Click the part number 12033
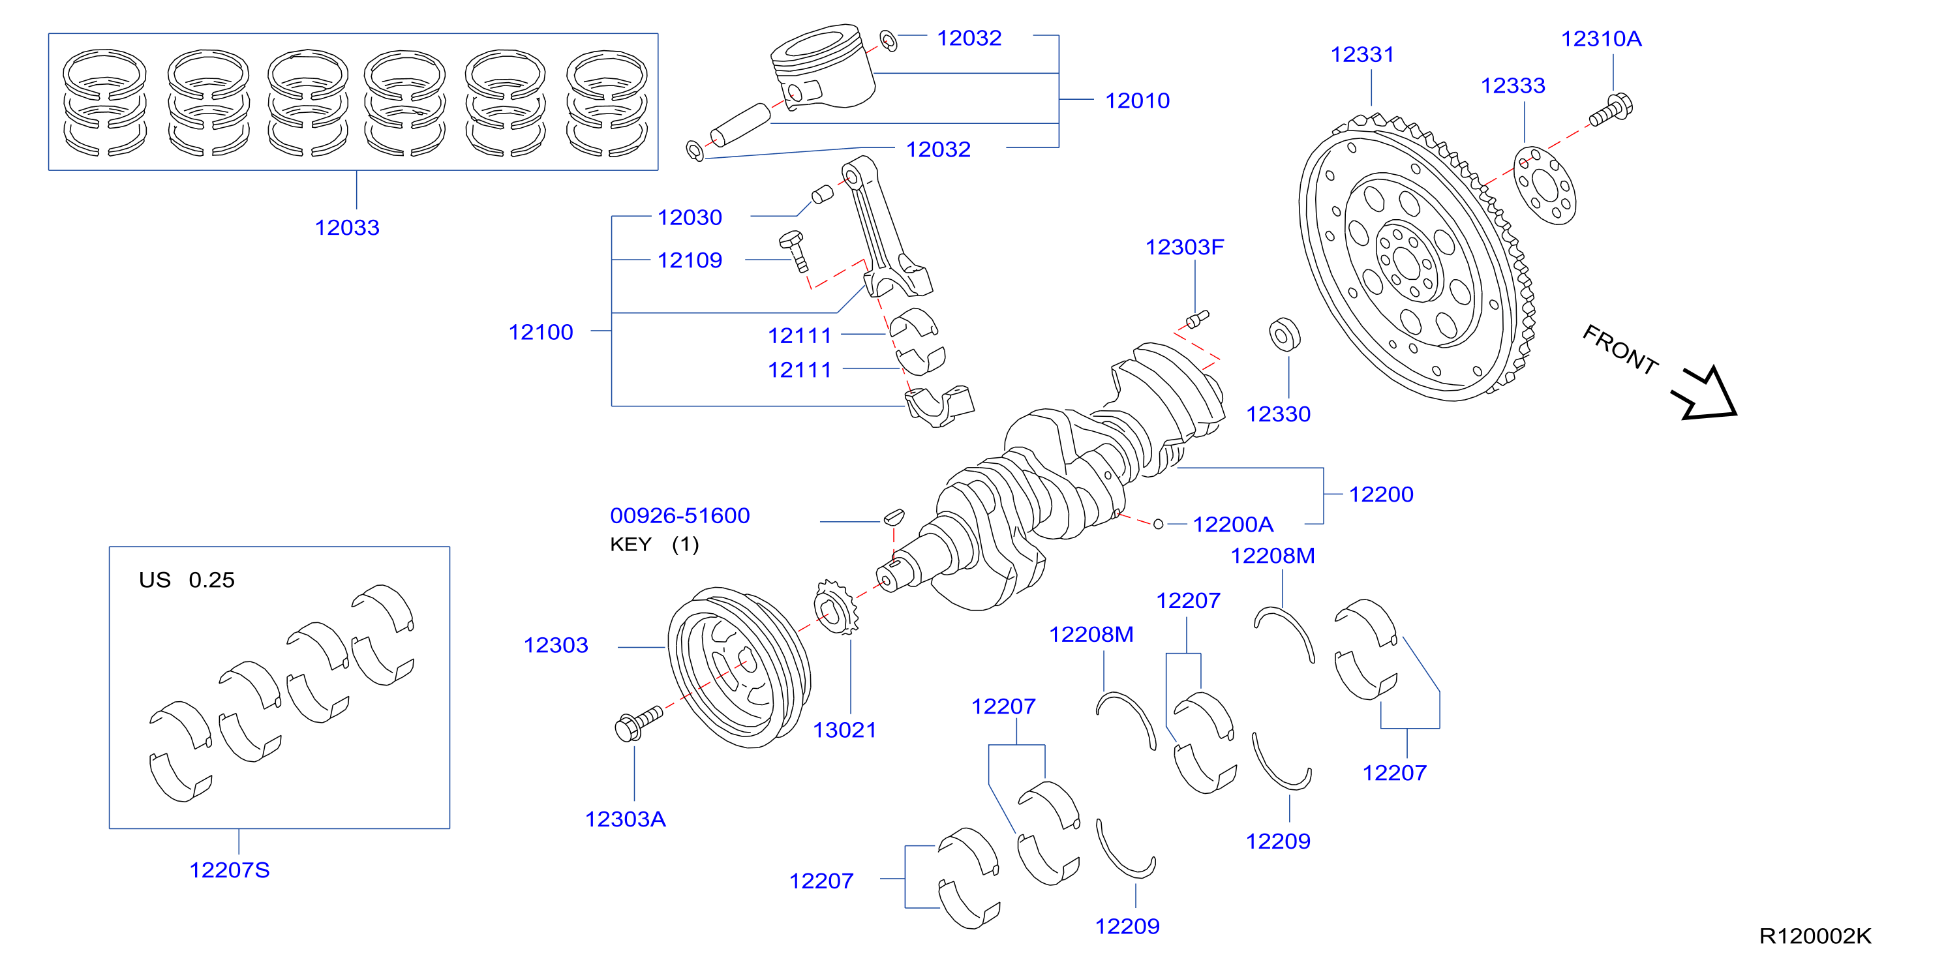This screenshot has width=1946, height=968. (x=347, y=227)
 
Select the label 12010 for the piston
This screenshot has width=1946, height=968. (x=1137, y=100)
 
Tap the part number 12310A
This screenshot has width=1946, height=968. (x=1602, y=38)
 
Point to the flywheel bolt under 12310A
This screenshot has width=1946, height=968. (x=1611, y=110)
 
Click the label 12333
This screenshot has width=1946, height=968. (x=1512, y=85)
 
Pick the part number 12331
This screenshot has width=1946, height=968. (x=1362, y=54)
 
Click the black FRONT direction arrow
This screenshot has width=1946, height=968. (x=1705, y=393)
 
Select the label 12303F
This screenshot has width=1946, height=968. (x=1185, y=247)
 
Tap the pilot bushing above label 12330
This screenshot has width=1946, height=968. (x=1285, y=335)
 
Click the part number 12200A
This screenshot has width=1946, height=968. (x=1233, y=524)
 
